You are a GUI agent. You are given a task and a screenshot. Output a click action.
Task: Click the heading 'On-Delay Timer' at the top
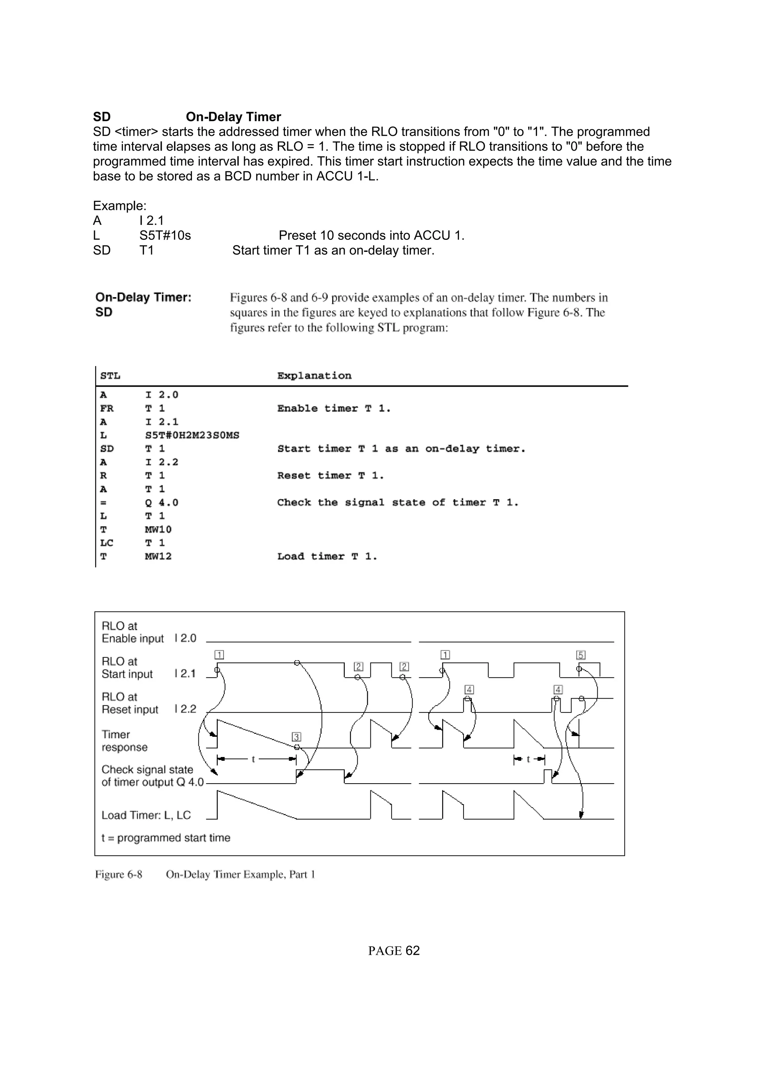click(x=233, y=117)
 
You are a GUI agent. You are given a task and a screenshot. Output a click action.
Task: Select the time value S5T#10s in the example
click(x=165, y=236)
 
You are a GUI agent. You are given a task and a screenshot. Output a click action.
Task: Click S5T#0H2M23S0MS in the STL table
click(x=192, y=435)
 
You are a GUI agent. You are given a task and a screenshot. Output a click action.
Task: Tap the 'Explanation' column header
click(x=314, y=375)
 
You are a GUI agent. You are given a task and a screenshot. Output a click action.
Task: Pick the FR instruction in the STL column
click(x=107, y=408)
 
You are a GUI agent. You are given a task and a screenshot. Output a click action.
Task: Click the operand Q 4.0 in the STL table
click(x=161, y=502)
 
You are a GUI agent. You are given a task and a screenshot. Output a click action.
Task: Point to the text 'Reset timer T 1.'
click(x=331, y=476)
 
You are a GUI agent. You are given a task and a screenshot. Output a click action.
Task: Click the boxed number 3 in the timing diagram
click(x=296, y=737)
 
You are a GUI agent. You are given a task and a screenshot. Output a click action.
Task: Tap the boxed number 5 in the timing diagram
click(x=581, y=655)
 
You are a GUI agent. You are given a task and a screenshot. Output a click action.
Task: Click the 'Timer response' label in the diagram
click(x=124, y=741)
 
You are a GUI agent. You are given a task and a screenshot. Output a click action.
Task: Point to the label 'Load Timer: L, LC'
click(x=146, y=815)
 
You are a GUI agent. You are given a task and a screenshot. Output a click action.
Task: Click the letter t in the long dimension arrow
click(x=253, y=759)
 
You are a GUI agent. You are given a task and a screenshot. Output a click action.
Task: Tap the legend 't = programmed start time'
click(x=166, y=838)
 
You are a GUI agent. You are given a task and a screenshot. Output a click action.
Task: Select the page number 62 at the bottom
click(x=412, y=951)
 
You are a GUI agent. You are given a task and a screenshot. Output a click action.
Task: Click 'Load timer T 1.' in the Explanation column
click(x=327, y=556)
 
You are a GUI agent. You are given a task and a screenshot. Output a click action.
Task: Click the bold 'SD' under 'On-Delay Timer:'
click(x=103, y=312)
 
